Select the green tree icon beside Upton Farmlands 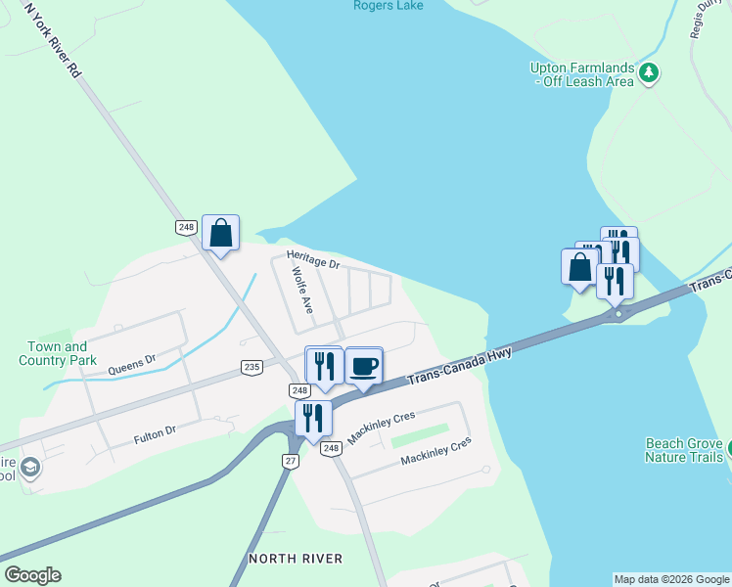648,72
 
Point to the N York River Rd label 55,40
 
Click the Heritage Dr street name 312,259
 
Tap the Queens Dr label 132,365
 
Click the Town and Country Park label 57,353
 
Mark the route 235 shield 252,367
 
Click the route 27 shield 291,460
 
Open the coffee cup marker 363,366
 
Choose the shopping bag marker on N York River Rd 220,233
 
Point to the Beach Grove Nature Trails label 684,449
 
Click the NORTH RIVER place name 296,558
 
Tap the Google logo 32,575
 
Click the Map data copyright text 671,579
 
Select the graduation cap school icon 29,469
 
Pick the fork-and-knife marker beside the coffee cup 324,366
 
